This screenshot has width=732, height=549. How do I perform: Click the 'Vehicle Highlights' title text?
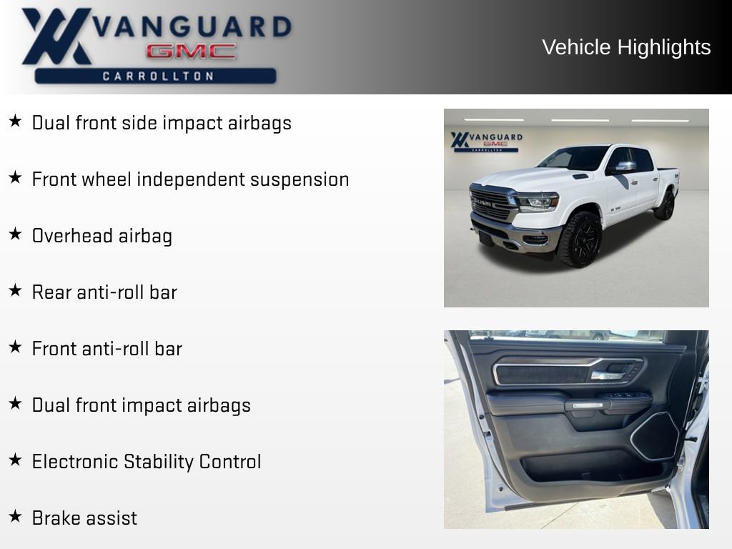[x=626, y=47]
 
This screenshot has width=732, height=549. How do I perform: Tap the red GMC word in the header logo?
[x=191, y=51]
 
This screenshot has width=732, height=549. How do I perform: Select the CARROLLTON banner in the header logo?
[x=156, y=76]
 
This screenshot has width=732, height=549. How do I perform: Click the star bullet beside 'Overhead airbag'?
[x=15, y=234]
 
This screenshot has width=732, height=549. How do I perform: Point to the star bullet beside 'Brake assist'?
[x=15, y=516]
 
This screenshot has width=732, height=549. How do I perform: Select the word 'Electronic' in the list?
[x=75, y=462]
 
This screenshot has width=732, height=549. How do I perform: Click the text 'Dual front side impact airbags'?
[x=162, y=123]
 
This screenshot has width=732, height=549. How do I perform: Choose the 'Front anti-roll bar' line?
[x=107, y=349]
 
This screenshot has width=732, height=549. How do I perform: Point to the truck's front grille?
[x=493, y=204]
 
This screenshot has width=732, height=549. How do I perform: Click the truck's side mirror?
[x=625, y=167]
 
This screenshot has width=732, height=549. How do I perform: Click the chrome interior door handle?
[x=606, y=375]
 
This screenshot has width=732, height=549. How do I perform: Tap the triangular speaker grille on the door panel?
[x=655, y=436]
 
